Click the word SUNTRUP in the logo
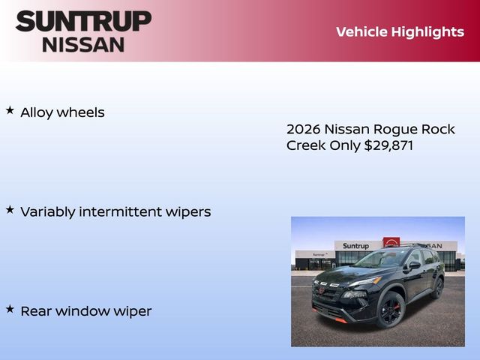tap(82, 21)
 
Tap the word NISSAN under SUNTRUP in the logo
tap(82, 43)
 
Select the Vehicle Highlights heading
tap(400, 31)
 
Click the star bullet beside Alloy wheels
tap(10, 110)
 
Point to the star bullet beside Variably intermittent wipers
tap(10, 209)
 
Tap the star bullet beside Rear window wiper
tap(10, 308)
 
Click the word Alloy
tap(36, 112)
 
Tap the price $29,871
tap(388, 145)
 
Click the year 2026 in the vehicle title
tap(303, 129)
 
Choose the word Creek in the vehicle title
tap(306, 145)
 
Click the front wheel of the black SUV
tap(391, 309)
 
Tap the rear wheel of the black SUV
tap(437, 287)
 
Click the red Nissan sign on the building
tap(391, 243)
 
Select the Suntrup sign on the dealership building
tap(355, 246)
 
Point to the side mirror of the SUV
tap(414, 265)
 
